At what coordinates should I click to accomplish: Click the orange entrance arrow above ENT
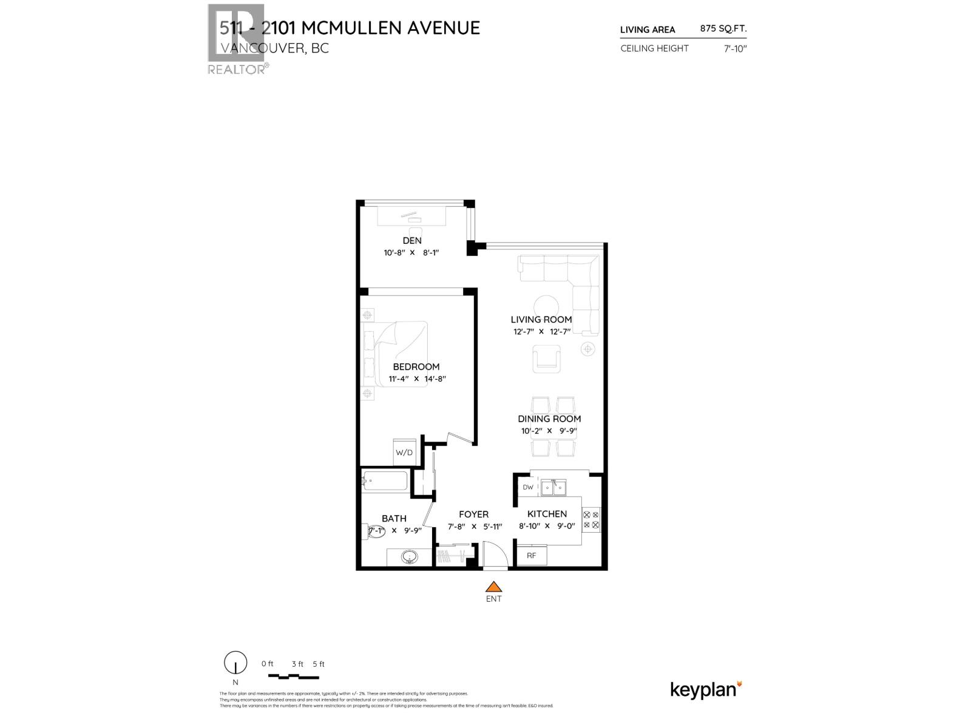click(494, 587)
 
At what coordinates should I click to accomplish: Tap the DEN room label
click(412, 241)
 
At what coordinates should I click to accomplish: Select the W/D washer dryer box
click(404, 453)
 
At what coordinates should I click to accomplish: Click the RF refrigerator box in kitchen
click(531, 556)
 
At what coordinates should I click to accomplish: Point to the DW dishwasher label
click(527, 487)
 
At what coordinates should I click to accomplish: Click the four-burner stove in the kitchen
click(590, 520)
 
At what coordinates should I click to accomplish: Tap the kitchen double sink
click(553, 487)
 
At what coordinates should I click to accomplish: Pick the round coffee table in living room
click(546, 306)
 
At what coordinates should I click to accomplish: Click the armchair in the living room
click(547, 358)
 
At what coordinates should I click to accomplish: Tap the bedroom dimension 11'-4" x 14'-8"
click(417, 379)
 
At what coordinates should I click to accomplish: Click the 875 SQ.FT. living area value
click(723, 29)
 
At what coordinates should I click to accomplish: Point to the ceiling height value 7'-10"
click(734, 49)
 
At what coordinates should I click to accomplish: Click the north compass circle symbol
click(235, 662)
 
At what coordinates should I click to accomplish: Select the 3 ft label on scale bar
click(297, 664)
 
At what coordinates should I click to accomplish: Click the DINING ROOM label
click(549, 419)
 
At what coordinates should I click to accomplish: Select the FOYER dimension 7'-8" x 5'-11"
click(475, 527)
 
